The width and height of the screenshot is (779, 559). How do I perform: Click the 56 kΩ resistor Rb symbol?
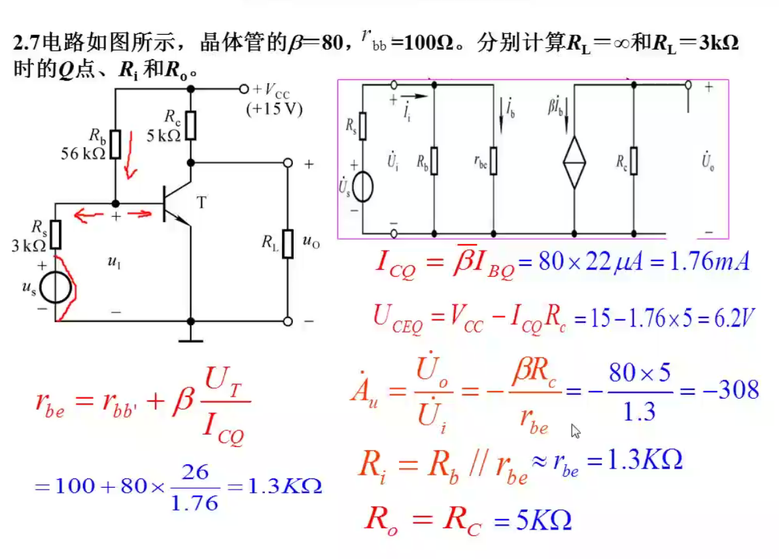(115, 144)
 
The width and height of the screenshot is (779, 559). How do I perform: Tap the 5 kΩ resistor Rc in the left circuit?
(190, 125)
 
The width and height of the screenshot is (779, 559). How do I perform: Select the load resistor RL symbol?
(287, 243)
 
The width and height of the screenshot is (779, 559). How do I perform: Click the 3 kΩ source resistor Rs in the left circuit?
(56, 235)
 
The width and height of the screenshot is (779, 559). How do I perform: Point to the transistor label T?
(201, 203)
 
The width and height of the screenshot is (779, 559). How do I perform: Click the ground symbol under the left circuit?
(190, 339)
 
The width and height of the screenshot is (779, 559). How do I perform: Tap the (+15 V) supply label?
(274, 109)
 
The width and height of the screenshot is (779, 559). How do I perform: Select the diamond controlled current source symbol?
(574, 162)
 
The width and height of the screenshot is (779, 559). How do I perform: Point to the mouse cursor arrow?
(576, 430)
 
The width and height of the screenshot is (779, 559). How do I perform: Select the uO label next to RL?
(311, 242)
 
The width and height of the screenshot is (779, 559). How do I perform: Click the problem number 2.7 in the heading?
(26, 44)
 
